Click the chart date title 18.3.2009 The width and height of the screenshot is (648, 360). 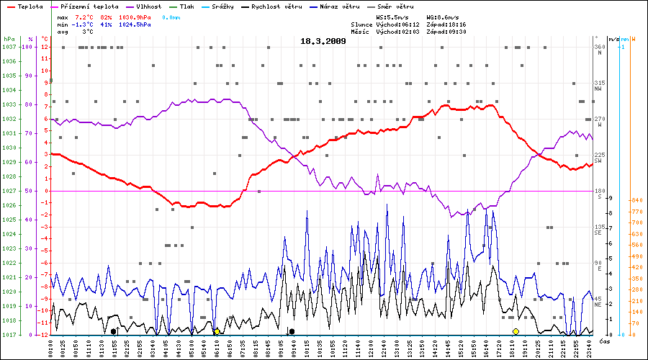pyautogui.click(x=323, y=41)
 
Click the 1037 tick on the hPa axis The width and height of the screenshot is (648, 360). pyautogui.click(x=9, y=47)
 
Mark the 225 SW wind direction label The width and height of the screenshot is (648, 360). pyautogui.click(x=599, y=157)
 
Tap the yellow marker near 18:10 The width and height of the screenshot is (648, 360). pyautogui.click(x=516, y=331)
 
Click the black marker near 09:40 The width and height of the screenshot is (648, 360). pyautogui.click(x=292, y=331)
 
